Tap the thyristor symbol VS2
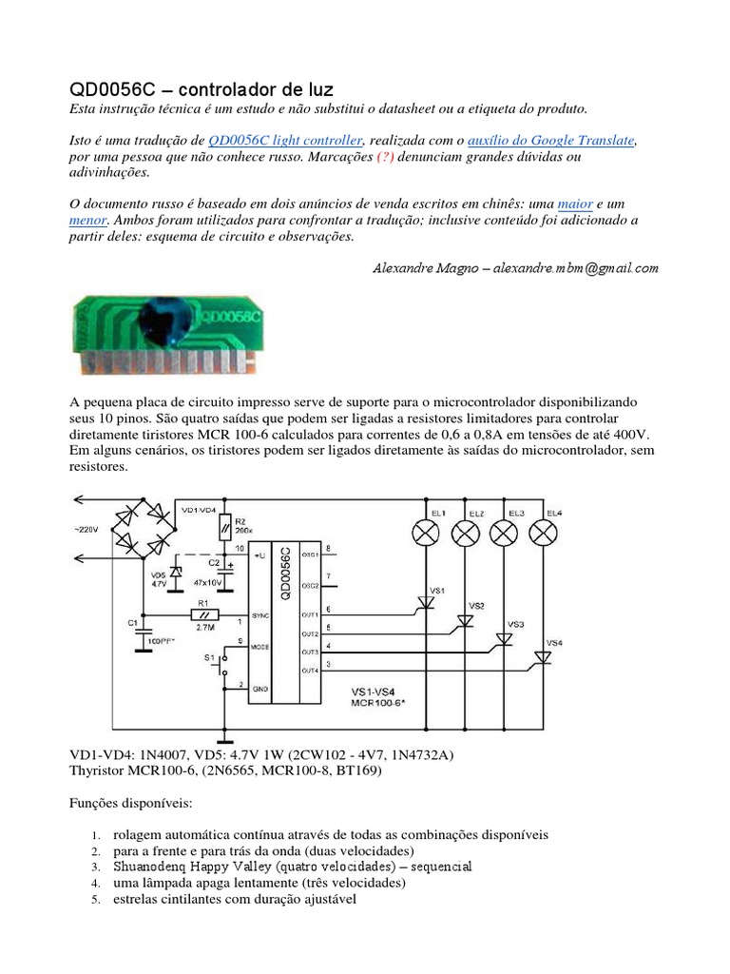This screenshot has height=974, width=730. point(465,621)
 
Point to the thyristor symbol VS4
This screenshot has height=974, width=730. point(543,656)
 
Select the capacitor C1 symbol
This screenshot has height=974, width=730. point(144,629)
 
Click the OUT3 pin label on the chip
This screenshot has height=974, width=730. point(310,653)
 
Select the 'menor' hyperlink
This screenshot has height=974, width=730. point(88,221)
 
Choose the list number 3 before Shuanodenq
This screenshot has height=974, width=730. point(96,867)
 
